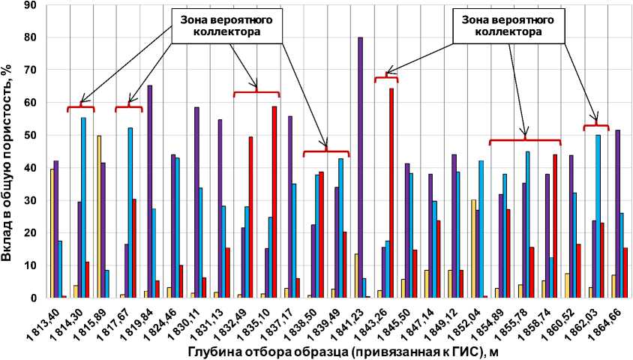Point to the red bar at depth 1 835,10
(x=274, y=202)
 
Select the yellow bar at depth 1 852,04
(x=473, y=248)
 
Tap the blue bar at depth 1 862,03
(x=598, y=217)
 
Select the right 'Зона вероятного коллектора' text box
(x=508, y=25)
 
